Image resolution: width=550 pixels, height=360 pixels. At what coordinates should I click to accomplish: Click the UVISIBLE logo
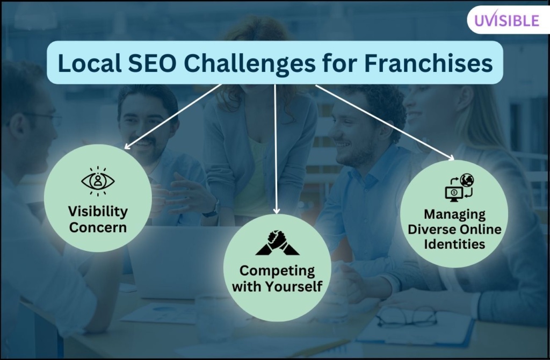506,20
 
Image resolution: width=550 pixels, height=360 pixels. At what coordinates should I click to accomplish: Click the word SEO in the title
152,63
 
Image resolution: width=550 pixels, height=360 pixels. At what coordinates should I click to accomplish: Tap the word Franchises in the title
428,63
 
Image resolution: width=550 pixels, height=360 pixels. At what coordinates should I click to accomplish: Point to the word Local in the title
90,63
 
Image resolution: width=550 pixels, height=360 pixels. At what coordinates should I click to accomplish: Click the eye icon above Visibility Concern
98,181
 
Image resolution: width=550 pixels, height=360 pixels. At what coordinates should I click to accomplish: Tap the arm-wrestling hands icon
277,243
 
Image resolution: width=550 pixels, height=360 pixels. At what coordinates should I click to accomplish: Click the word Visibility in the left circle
98,212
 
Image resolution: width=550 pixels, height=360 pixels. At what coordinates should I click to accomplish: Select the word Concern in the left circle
98,227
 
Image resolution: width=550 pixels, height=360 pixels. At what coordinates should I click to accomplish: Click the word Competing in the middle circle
277,271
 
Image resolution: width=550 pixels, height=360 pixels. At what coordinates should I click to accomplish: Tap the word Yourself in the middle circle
294,286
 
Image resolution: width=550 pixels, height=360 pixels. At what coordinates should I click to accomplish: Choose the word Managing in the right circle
454,214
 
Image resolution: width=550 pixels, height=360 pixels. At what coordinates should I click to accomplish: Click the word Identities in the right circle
454,244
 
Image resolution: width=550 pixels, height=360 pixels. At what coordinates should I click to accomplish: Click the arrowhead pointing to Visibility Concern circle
127,147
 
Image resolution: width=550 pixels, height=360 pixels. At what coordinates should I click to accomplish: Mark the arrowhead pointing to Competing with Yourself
277,211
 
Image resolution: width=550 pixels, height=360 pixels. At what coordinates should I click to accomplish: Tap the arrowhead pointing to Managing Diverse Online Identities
451,157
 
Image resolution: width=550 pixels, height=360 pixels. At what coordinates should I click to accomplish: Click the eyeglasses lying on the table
407,317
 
